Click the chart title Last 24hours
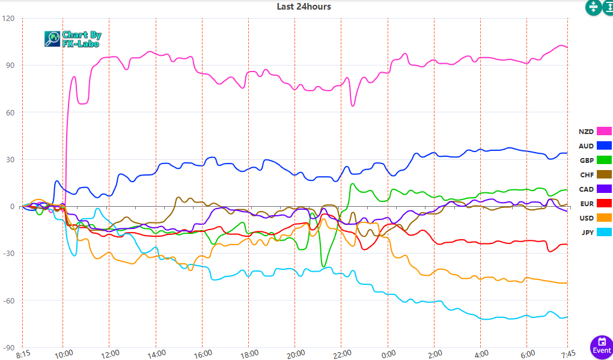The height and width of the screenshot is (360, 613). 303,7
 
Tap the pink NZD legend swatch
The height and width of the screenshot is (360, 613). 603,132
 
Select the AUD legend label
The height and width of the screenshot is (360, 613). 586,146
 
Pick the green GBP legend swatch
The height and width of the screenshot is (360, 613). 603,160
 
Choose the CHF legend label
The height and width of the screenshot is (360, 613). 586,175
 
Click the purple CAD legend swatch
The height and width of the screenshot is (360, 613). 603,189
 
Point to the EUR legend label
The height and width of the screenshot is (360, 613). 586,204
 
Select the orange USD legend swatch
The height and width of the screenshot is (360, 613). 603,218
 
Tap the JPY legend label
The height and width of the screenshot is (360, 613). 587,233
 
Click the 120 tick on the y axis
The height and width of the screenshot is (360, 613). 9,19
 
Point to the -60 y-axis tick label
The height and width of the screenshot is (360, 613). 8,301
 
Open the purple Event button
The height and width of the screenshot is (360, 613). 602,346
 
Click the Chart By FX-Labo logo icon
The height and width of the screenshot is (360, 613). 52,39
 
